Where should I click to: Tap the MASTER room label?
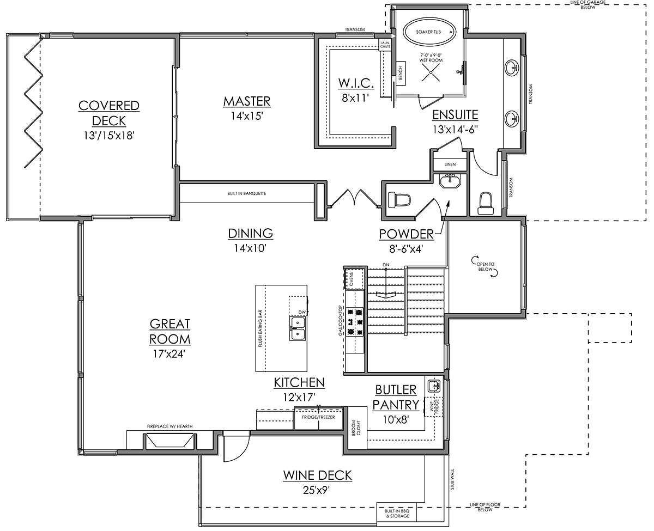pos(247,101)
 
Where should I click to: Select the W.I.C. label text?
pos(356,83)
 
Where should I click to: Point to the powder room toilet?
pos(399,200)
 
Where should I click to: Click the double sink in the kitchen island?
pos(297,328)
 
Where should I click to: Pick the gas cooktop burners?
pos(355,322)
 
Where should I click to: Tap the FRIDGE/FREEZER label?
pos(318,417)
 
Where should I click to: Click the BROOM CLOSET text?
pos(356,428)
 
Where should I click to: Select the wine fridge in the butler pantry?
pos(434,407)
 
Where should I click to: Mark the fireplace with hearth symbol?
pos(170,441)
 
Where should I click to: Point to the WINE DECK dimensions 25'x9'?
pos(317,490)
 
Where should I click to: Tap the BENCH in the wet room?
pos(401,74)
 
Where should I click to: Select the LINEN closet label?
pos(450,164)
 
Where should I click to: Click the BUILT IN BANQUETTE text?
pos(246,193)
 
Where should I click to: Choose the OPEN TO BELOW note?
pos(485,266)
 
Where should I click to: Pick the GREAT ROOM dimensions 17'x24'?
pos(169,354)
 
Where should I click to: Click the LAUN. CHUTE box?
pos(385,45)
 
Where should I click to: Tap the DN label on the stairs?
pos(386,265)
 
